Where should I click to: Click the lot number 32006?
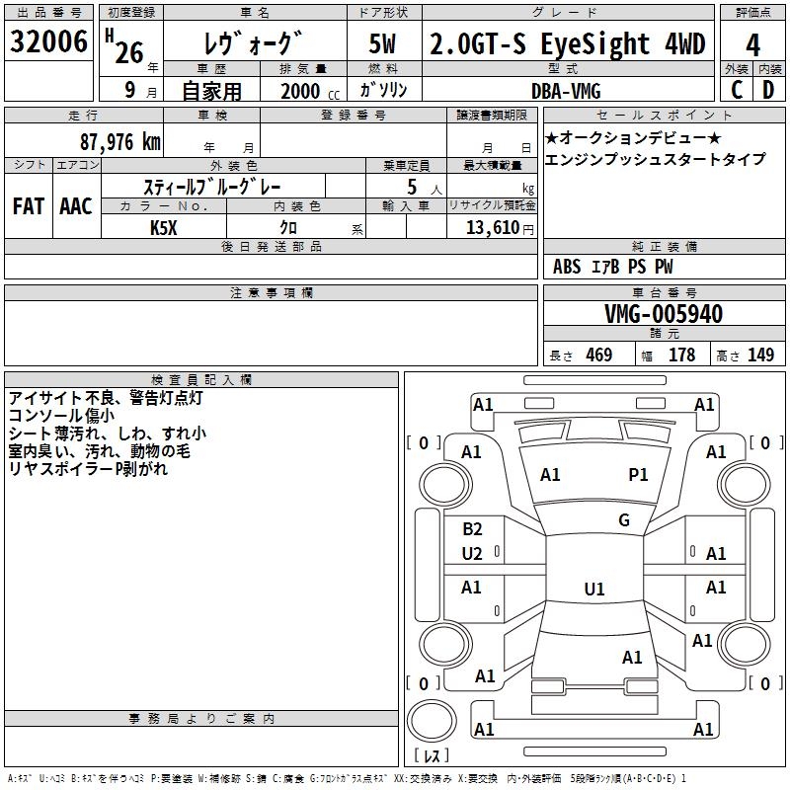coord(48,42)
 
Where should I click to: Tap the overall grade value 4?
coord(752,45)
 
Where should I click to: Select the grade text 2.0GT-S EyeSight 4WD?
coord(567,44)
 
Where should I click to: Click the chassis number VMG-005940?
coord(663,314)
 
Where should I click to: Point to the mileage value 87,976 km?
coord(118,141)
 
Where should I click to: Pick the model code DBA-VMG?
coord(564,90)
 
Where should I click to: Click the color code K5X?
coord(164,227)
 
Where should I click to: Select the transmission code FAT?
coord(28,205)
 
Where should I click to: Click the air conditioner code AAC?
coord(76,205)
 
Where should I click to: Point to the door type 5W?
coord(385,44)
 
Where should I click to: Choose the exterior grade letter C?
coord(736,90)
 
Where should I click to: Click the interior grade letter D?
coord(768,90)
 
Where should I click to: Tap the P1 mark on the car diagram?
coord(638,475)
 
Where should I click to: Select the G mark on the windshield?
coord(624,520)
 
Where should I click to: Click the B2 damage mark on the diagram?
coord(472,529)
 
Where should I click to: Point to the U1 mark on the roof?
coord(593,590)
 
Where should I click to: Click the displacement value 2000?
coord(300,91)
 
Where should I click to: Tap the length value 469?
coord(598,355)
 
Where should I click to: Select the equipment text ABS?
coord(567,267)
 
